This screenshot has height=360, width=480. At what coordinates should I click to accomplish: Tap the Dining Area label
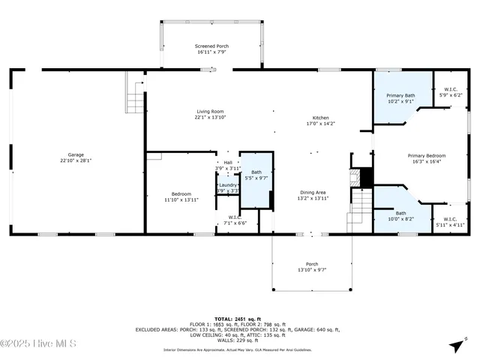coord(313,193)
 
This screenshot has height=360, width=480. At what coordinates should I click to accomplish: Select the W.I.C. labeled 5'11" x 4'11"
coord(450,221)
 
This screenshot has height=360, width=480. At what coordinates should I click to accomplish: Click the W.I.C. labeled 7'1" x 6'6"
coord(235,220)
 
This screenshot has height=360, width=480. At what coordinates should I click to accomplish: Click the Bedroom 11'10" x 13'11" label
coord(180,196)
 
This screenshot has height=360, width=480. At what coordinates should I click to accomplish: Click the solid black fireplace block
coord(364,178)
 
